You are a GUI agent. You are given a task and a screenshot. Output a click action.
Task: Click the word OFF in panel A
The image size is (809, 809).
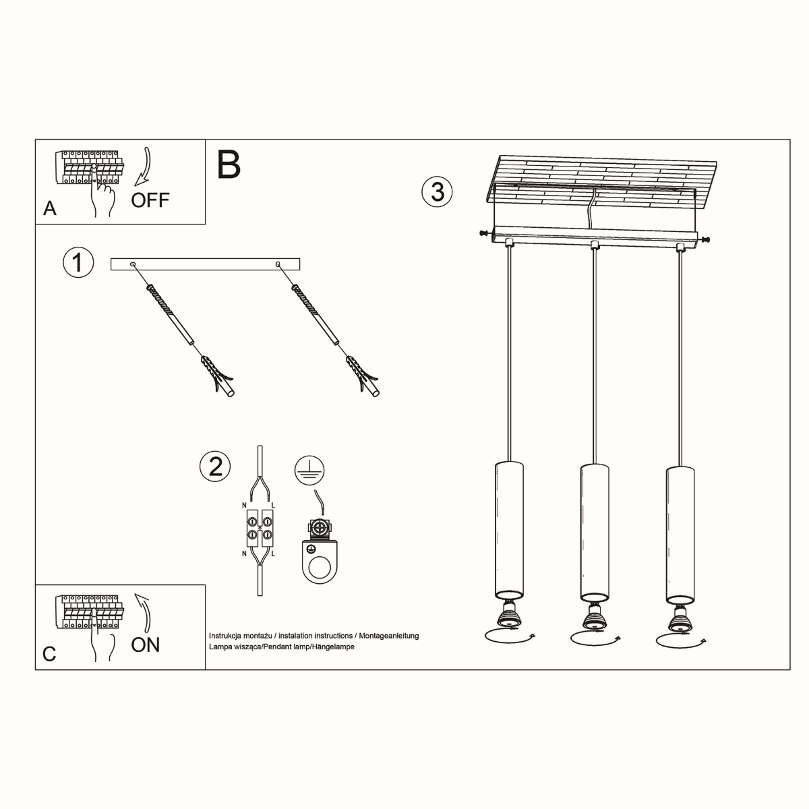150,200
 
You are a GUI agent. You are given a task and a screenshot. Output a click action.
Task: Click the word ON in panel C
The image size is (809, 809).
146,645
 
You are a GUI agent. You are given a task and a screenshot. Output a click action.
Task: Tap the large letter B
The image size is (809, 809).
229,165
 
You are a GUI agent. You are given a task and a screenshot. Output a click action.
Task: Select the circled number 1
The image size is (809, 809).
78,262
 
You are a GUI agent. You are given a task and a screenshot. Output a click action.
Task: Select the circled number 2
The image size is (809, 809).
215,466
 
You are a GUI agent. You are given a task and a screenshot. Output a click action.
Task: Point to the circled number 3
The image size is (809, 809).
437,191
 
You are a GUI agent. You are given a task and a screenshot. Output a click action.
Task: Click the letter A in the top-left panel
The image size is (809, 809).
49,209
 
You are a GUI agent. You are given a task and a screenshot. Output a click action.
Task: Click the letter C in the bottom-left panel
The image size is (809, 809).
49,654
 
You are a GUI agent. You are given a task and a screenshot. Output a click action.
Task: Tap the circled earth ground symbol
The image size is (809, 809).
309,470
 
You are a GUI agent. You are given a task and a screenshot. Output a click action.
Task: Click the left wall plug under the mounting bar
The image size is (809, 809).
220,377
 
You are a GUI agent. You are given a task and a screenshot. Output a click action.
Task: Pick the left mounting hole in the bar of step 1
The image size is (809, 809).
133,264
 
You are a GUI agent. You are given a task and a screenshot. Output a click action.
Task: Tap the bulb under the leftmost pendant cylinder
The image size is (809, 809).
509,616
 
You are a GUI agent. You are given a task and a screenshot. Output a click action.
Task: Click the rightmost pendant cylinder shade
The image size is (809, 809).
680,533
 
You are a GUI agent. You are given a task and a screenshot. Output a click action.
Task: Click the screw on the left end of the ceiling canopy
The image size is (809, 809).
483,233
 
